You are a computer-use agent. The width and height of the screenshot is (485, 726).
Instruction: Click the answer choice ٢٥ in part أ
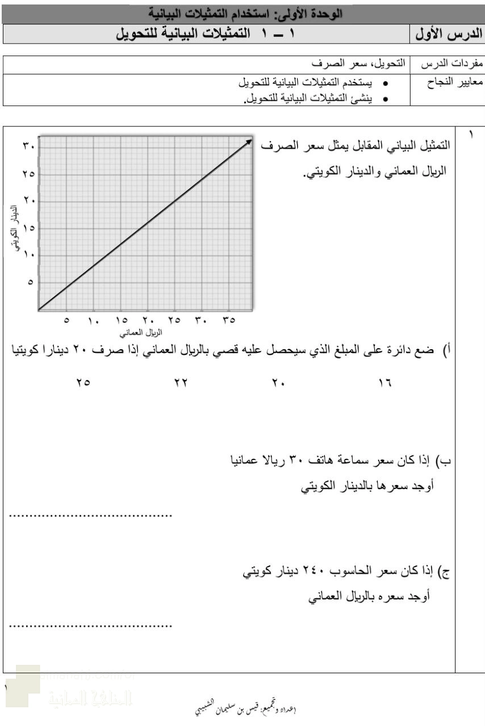83,383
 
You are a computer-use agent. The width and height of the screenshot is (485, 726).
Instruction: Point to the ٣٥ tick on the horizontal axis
229,321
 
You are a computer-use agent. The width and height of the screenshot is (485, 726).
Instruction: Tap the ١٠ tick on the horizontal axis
94,321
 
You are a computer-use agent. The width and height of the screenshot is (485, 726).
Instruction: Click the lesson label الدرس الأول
449,34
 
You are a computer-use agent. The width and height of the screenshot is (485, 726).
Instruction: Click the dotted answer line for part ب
91,515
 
